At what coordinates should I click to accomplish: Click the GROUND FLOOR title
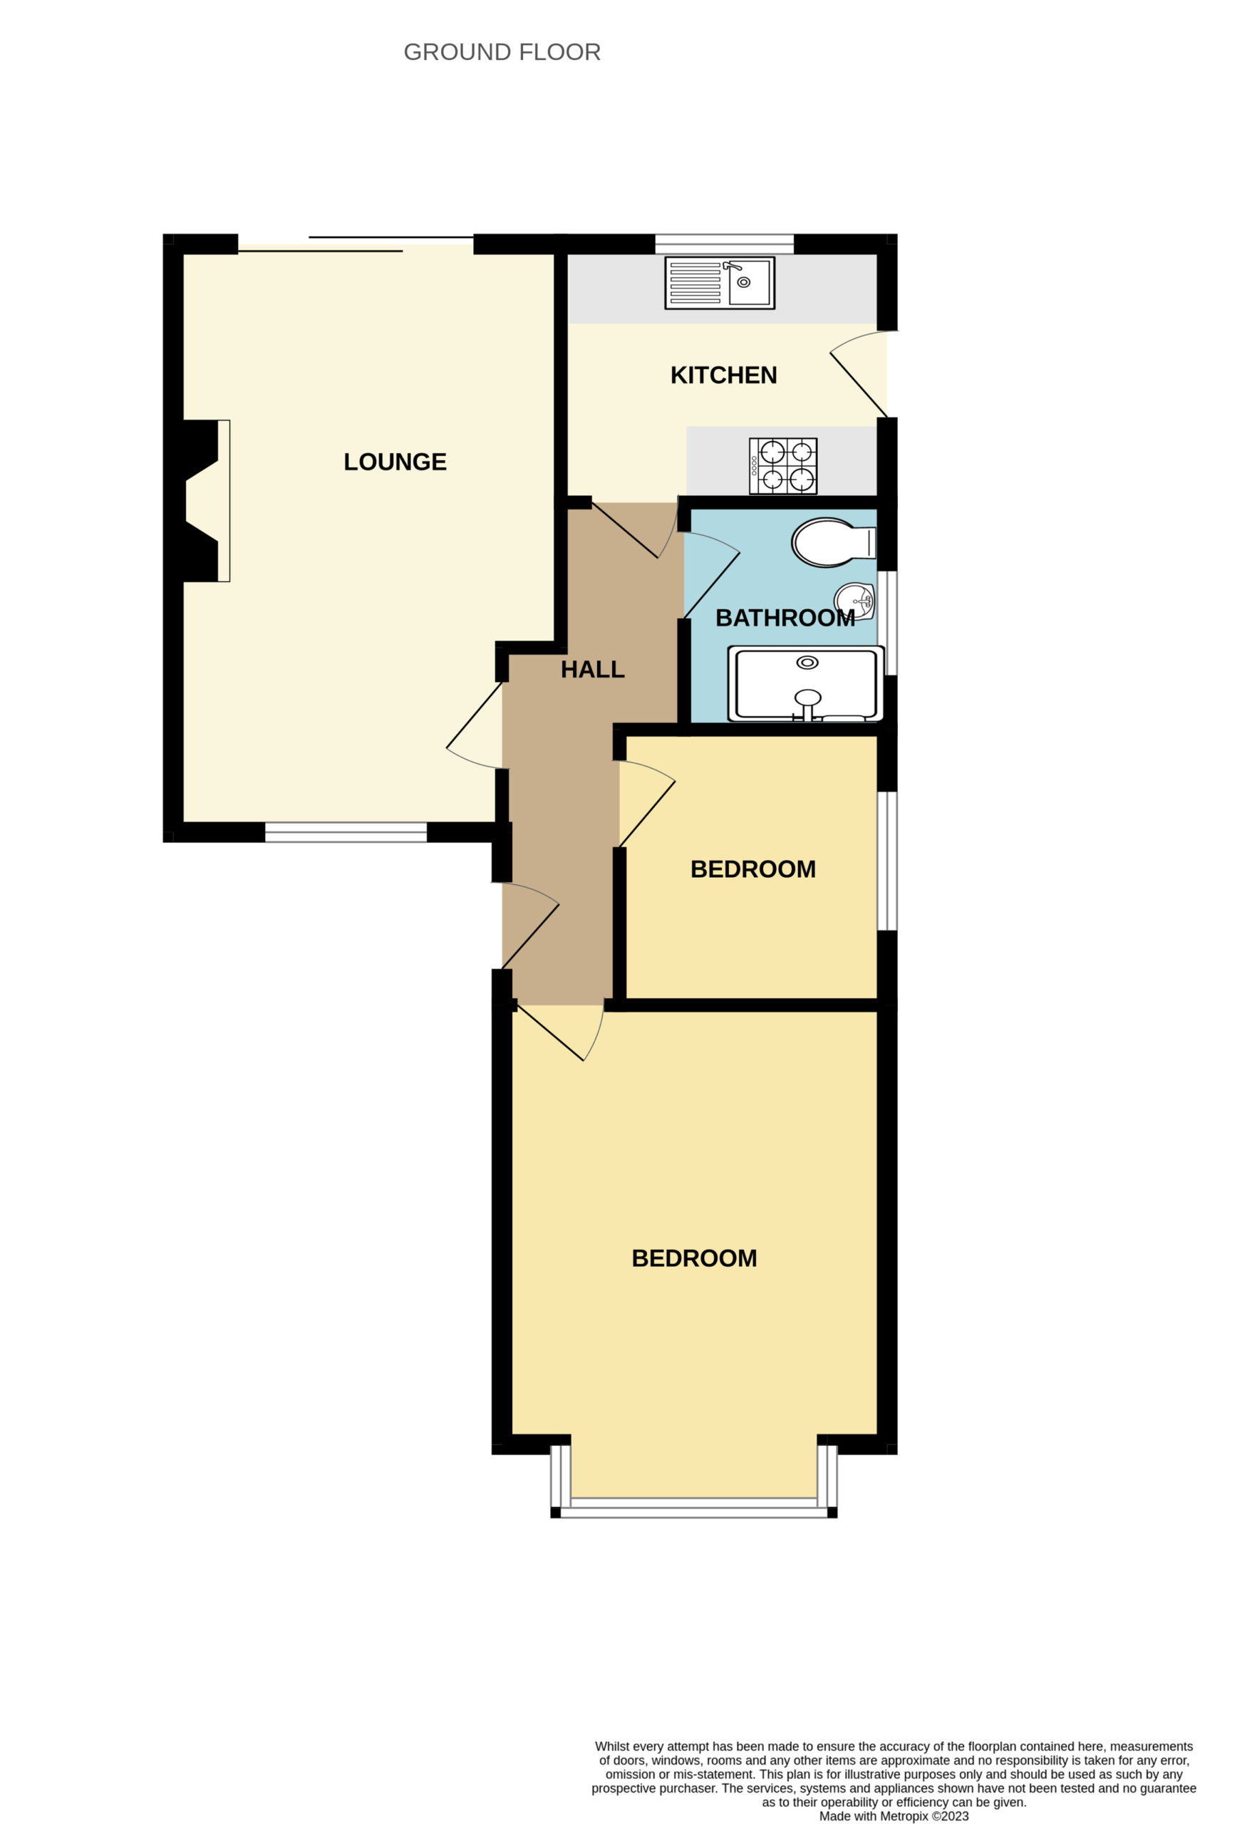point(502,52)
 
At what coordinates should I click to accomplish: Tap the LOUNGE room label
point(395,462)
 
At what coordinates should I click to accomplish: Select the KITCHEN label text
point(723,375)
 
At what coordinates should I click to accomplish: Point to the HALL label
point(593,670)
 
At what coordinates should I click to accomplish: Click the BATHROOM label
point(785,618)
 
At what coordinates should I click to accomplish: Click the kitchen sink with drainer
point(719,283)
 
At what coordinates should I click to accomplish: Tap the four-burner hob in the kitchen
point(782,466)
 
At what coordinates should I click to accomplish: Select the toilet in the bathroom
point(833,542)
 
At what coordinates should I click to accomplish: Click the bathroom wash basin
point(855,601)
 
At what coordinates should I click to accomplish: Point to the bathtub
point(805,683)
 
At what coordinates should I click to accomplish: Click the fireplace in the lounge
point(201,501)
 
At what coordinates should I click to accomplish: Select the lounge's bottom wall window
point(346,832)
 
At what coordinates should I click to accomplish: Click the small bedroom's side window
point(887,861)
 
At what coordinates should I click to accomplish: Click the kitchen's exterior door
point(859,373)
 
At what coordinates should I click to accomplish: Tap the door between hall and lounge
point(474,725)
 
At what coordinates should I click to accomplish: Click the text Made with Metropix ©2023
point(894,1815)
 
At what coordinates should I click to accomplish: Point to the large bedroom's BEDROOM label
point(694,1258)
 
